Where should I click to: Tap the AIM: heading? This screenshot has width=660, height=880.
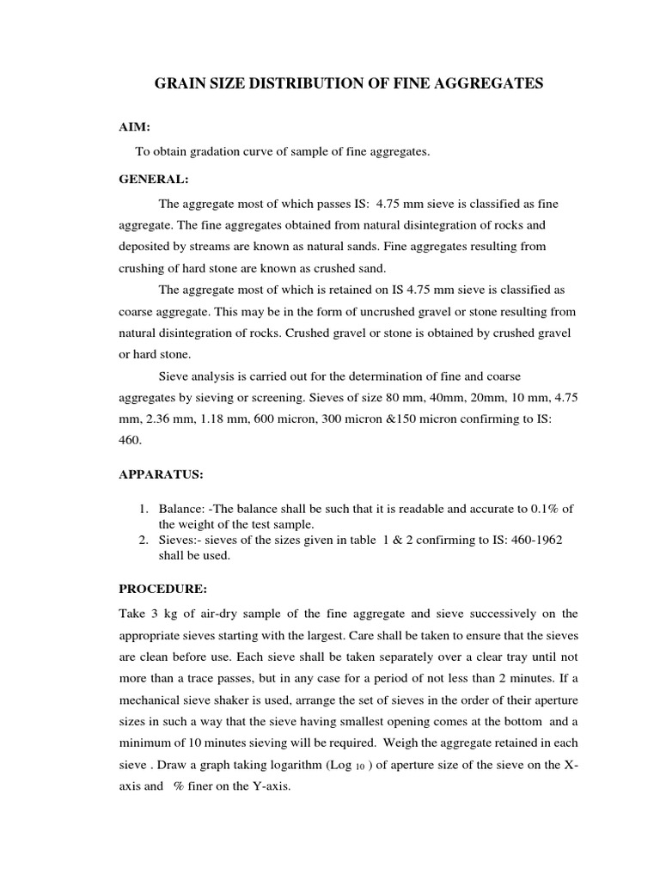tap(134, 126)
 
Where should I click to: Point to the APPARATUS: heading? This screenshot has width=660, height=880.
tap(161, 474)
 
